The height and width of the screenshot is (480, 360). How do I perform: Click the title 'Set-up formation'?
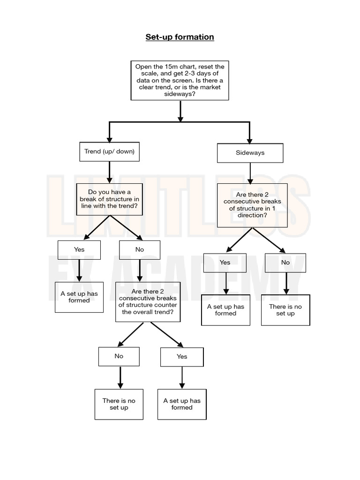coord(180,37)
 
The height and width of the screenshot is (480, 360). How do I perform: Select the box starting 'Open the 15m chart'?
coord(180,80)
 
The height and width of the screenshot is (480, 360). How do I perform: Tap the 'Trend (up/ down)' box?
coord(109,151)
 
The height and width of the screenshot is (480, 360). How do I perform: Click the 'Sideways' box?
coord(250,153)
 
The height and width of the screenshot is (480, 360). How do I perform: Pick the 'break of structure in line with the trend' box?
coord(109,199)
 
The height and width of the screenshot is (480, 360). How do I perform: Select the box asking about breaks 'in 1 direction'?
coord(252,205)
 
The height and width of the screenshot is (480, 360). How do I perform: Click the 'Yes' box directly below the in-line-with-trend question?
coord(79,250)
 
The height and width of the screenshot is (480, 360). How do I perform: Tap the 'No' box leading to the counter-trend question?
coord(140,250)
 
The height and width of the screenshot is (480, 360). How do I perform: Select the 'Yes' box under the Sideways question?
coord(225,262)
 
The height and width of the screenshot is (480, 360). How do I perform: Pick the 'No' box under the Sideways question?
coord(285,262)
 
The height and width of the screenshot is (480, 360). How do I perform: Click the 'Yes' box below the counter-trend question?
coord(182,357)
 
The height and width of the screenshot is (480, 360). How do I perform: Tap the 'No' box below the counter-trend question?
coord(119,356)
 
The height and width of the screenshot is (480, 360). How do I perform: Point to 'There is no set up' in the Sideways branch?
coord(285,310)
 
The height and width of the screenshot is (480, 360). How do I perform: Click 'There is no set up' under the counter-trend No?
coord(119,404)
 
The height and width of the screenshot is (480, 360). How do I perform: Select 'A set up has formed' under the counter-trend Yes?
coord(182,404)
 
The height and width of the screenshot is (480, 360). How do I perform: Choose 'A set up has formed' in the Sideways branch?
coord(225,310)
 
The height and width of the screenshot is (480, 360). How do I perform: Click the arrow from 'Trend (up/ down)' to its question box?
coord(109,172)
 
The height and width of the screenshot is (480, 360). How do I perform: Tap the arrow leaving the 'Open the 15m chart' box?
coord(180,111)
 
